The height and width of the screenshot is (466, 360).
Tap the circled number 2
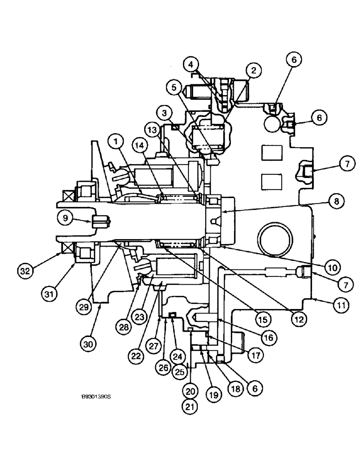pos(253,71)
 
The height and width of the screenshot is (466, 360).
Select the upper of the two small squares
pos(270,154)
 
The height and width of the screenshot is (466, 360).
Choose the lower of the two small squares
pos(270,180)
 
